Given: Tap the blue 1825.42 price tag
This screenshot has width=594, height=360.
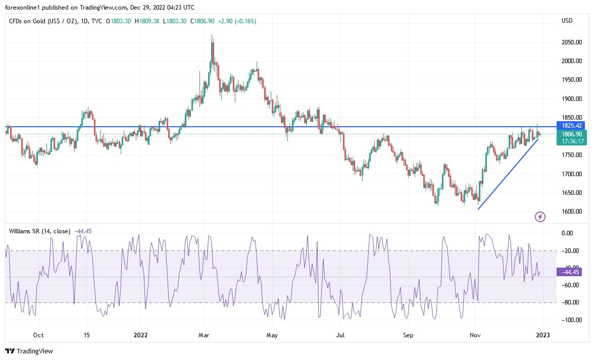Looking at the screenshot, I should pyautogui.click(x=572, y=125).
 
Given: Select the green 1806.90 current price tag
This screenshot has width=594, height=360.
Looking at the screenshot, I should pyautogui.click(x=572, y=134).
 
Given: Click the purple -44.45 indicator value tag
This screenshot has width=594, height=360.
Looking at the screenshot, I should pyautogui.click(x=569, y=272).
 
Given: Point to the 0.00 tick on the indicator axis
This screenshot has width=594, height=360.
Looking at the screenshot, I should pyautogui.click(x=567, y=233).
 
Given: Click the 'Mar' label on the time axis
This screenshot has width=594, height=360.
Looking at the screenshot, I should pyautogui.click(x=204, y=335).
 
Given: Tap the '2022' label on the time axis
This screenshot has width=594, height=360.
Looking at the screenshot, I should pyautogui.click(x=141, y=335).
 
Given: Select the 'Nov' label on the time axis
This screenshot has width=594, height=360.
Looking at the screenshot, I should pyautogui.click(x=475, y=335).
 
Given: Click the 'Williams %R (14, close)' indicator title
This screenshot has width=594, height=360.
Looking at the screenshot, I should pyautogui.click(x=40, y=231).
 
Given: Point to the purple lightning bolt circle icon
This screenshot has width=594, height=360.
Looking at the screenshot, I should pyautogui.click(x=540, y=217).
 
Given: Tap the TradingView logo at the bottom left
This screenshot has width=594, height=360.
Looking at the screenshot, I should pyautogui.click(x=29, y=351).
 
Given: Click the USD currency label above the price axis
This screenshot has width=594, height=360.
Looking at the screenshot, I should pyautogui.click(x=567, y=21).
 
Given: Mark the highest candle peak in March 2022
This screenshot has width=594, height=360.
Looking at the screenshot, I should pyautogui.click(x=212, y=35).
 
